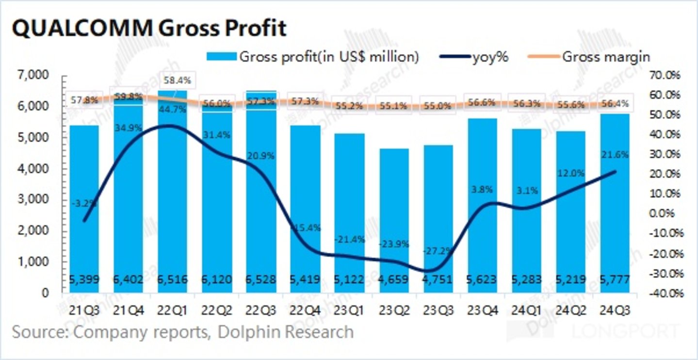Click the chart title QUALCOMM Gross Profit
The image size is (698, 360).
tap(148, 29)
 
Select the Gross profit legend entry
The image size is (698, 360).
tap(313, 57)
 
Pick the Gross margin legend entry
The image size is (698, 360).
tap(589, 57)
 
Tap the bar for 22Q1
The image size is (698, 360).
tap(173, 194)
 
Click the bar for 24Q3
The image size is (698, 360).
tap(615, 204)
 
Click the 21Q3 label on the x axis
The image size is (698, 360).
tap(84, 308)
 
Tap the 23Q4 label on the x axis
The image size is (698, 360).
tap(482, 308)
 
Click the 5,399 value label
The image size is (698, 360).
tap(84, 280)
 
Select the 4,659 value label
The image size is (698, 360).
tap(394, 280)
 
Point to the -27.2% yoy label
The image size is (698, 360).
tap(438, 250)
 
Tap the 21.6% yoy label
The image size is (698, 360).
tap(615, 155)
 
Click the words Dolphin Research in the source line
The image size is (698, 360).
tap(286, 332)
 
